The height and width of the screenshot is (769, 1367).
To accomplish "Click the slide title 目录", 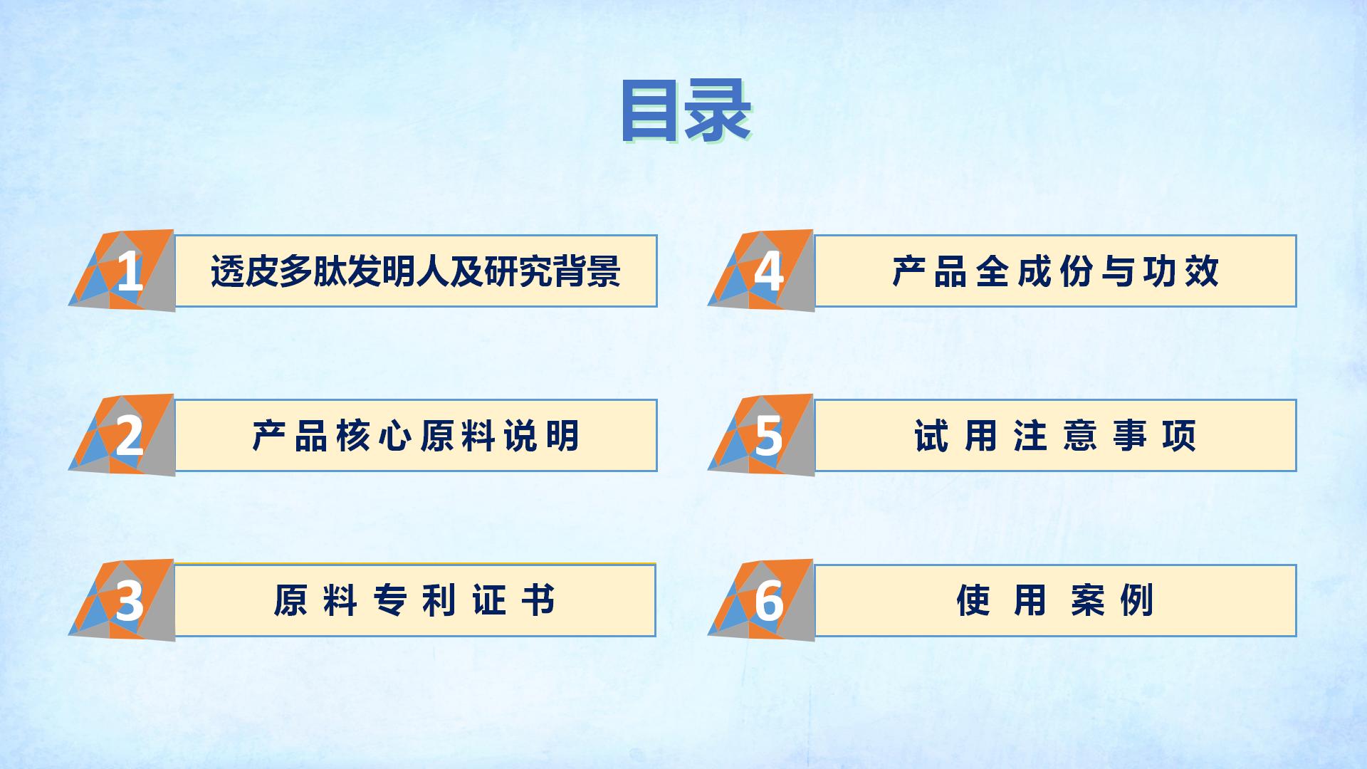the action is tap(686, 112).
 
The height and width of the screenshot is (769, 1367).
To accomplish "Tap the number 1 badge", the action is tap(122, 271).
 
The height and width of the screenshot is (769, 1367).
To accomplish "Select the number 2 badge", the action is tap(122, 435).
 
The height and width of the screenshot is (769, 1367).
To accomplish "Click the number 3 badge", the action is tap(122, 600).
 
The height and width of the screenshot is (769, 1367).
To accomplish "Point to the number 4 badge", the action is tap(761, 271).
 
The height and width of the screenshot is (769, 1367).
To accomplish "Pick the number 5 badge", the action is tap(761, 435).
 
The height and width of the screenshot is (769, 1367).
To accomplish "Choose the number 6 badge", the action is tap(761, 600).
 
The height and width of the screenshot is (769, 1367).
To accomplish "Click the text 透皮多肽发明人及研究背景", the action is tap(416, 271).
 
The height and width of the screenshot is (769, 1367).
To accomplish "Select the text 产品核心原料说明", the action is tap(416, 436).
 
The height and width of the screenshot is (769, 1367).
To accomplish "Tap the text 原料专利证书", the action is tap(414, 601).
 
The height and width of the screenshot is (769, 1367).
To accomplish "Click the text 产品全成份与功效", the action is tap(1055, 271).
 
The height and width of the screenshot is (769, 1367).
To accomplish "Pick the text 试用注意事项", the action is tap(1055, 436).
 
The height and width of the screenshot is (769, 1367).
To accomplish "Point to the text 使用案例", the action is tap(1055, 601).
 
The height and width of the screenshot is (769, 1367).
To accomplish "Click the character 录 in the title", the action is tap(718, 112).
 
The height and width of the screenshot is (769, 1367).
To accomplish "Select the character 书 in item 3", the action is tap(538, 601).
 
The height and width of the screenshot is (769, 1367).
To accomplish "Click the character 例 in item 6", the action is tap(1137, 601).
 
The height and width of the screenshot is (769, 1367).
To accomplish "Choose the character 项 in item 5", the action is tap(1180, 436).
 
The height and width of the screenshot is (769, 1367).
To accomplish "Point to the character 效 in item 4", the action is tap(1203, 271).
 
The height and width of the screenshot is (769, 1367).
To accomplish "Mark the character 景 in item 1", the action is tap(604, 271).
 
